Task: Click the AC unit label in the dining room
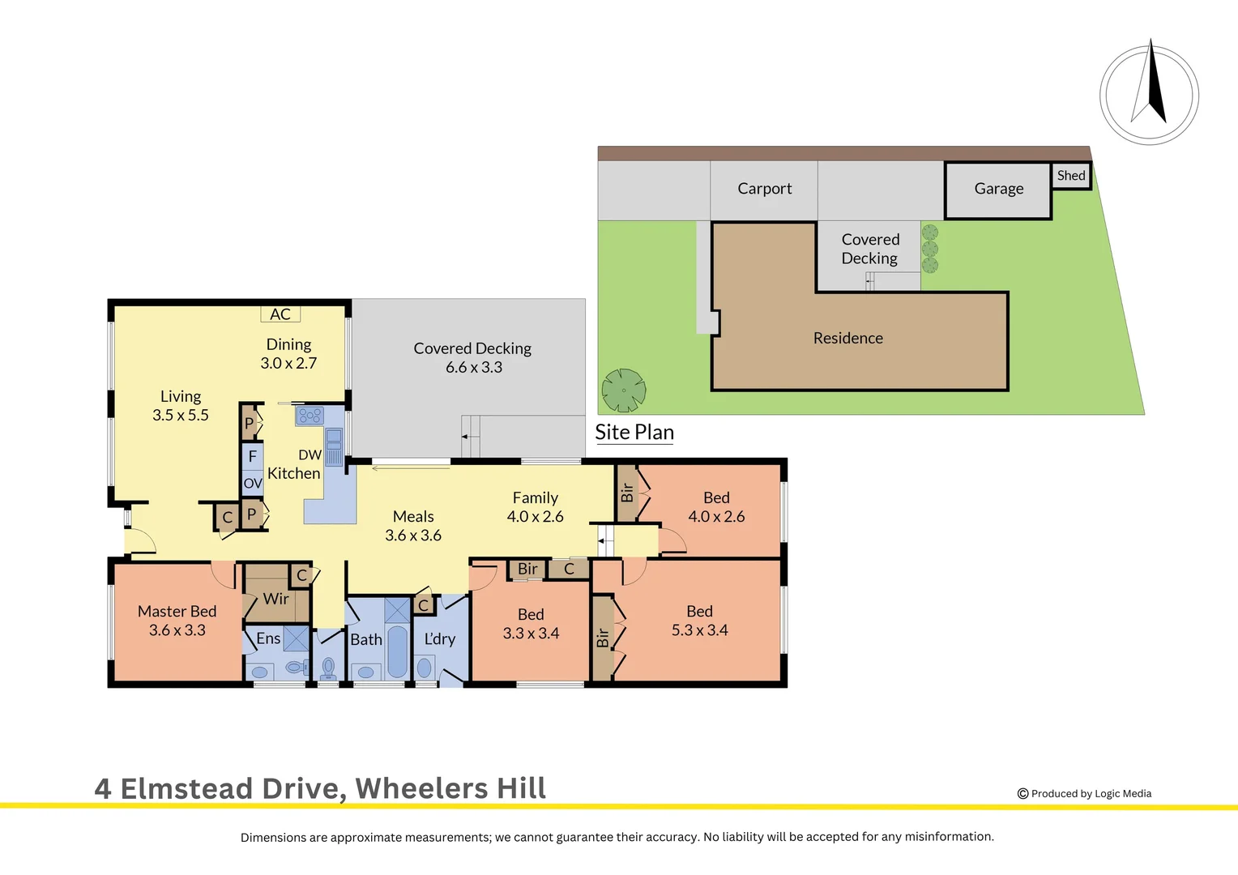(280, 314)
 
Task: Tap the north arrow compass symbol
(1149, 96)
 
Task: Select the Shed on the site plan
(1071, 176)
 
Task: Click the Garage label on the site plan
(999, 189)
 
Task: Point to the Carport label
(764, 189)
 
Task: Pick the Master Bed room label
(177, 612)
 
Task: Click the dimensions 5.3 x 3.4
(699, 630)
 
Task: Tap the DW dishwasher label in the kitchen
(309, 455)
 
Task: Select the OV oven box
(253, 484)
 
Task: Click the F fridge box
(253, 456)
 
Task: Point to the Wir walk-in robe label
(275, 599)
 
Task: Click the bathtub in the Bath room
(398, 651)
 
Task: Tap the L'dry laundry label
(440, 639)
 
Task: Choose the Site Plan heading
(634, 433)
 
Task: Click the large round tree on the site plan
(624, 391)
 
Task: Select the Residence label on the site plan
(847, 339)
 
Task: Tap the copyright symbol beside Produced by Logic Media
(1022, 794)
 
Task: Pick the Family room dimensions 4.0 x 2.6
(535, 517)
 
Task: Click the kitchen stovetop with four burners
(309, 416)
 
